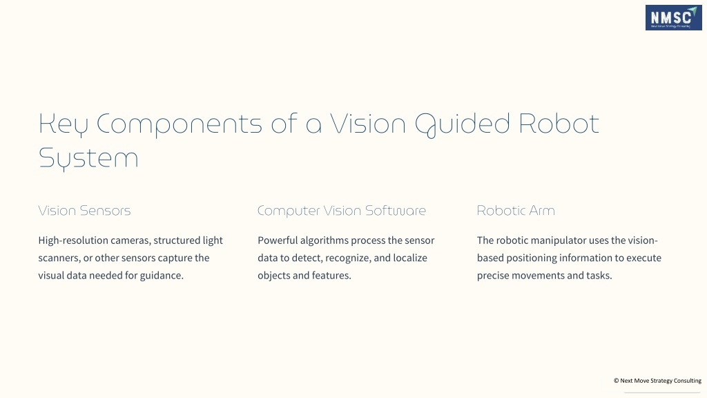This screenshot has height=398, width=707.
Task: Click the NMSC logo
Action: [x=673, y=17]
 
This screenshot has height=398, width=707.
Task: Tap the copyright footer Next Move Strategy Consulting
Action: [x=657, y=381]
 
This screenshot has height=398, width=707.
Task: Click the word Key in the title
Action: [x=63, y=124]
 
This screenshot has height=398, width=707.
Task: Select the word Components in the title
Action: [x=179, y=124]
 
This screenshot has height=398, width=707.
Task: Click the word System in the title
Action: [x=88, y=159]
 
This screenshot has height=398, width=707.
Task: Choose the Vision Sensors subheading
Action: [x=84, y=211]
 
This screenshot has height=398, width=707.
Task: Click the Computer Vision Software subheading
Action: [x=342, y=211]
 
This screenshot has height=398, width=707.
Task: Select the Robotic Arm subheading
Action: [x=516, y=211]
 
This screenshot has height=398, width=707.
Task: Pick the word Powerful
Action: [x=278, y=240]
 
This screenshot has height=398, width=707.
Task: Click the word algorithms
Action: [x=322, y=240]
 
